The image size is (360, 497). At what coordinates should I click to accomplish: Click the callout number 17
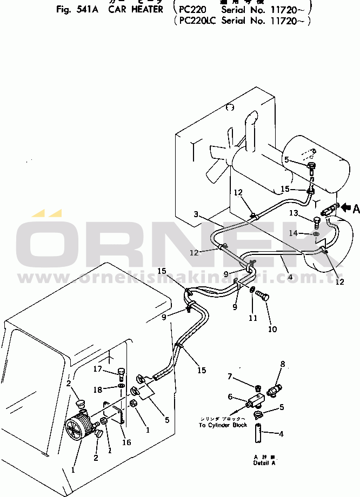point(97,369)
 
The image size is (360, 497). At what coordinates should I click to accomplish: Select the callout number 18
point(97,389)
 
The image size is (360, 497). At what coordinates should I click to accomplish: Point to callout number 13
point(294,213)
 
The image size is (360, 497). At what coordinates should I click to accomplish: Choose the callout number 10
point(272,328)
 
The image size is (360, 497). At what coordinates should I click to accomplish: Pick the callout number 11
point(253,318)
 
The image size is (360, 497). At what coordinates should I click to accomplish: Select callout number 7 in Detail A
point(230,376)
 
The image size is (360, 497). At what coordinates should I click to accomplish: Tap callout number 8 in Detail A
point(282,364)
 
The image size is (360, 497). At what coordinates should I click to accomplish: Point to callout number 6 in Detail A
point(230,397)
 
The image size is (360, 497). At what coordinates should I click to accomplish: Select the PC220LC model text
point(200,21)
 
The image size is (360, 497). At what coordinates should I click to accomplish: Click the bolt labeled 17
point(121,373)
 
